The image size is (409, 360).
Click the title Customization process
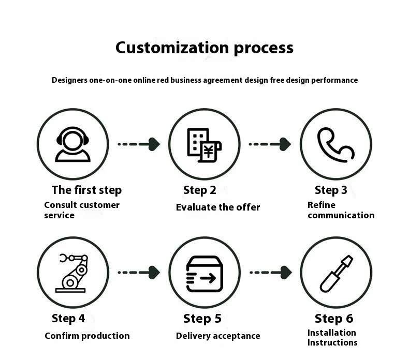click(204, 48)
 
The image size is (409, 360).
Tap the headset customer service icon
click(72, 144)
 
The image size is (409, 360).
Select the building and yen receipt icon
click(204, 144)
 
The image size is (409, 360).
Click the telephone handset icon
click(335, 144)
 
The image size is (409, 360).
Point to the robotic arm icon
click(72, 273)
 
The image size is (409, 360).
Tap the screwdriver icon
click(335, 273)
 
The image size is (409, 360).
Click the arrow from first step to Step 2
click(138, 144)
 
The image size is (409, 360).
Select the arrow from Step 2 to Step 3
click(270, 144)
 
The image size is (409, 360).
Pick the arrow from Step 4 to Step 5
click(138, 272)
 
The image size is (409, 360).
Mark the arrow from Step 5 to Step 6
click(270, 272)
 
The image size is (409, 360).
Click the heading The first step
click(86, 190)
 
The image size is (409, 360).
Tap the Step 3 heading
click(331, 190)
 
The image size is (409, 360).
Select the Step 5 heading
click(202, 318)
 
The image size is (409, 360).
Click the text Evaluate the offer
click(217, 207)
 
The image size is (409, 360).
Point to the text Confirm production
click(87, 336)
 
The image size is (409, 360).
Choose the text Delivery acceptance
click(217, 336)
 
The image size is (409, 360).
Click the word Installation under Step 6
click(331, 333)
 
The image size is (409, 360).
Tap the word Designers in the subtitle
click(71, 80)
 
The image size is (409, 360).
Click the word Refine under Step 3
click(321, 205)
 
